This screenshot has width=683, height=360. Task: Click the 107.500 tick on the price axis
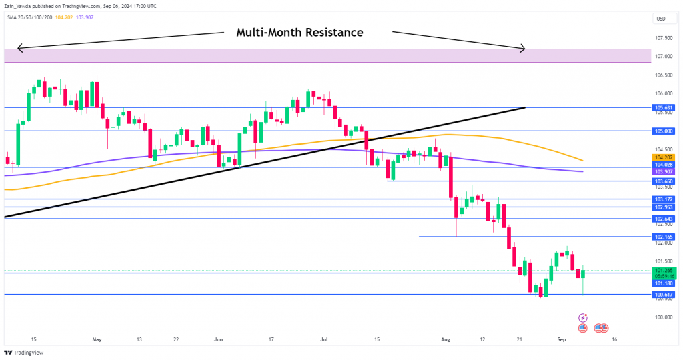tap(663, 37)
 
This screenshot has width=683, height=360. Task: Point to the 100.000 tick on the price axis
tap(663, 317)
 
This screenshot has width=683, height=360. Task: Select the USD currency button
tap(662, 18)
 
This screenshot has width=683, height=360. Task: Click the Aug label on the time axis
tap(446, 339)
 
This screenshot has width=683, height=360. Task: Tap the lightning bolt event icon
tap(584, 318)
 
